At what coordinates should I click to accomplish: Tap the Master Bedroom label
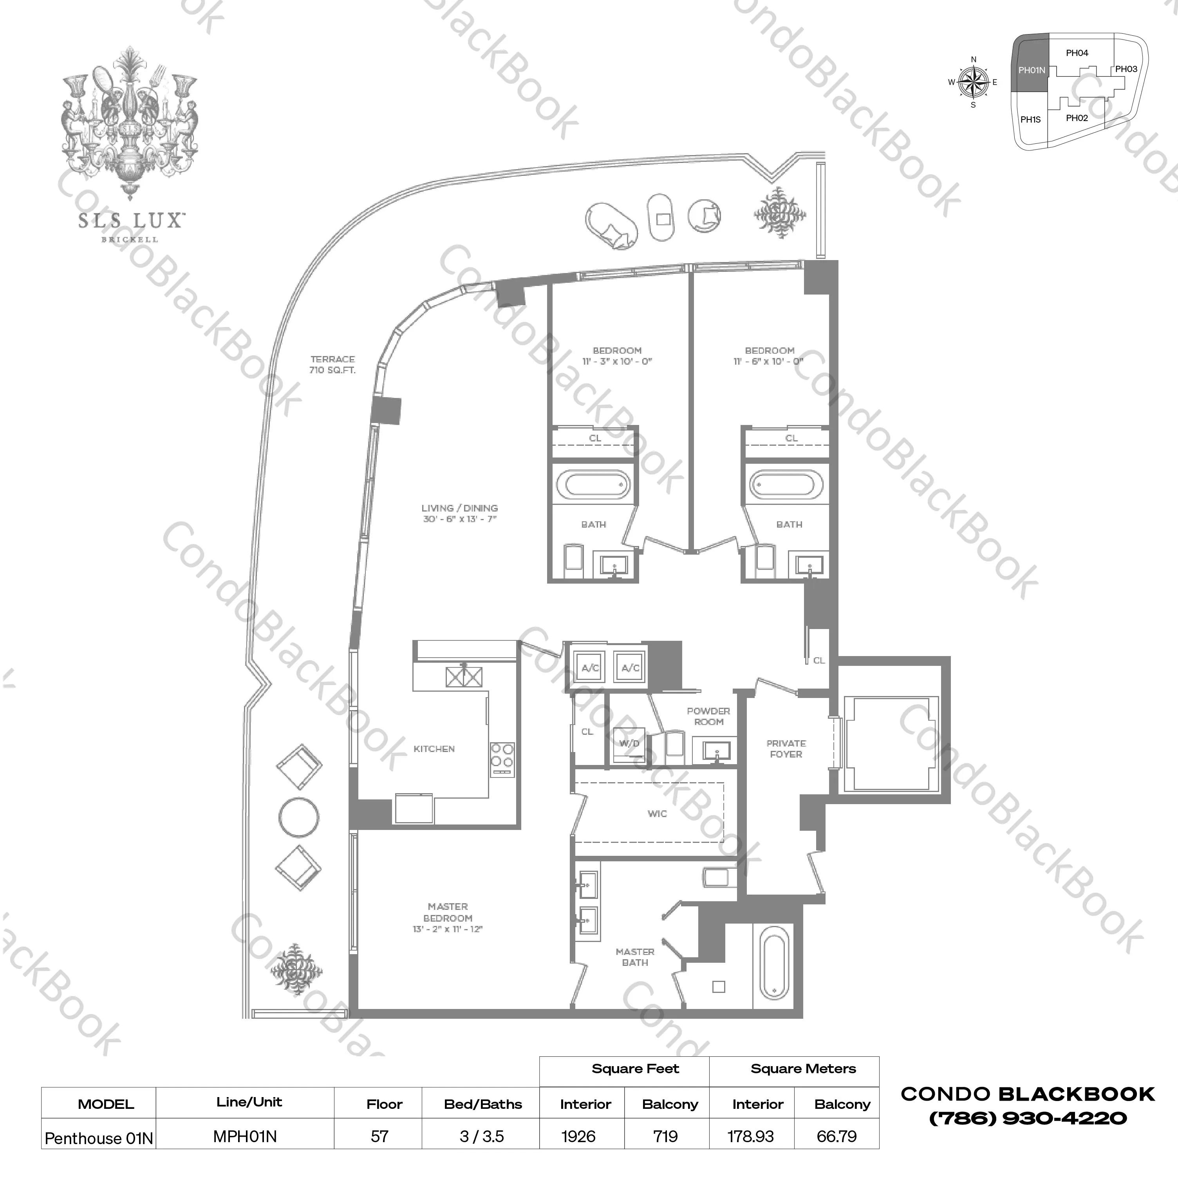448,917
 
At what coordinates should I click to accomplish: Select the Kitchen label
434,749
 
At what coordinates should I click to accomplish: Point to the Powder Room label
708,716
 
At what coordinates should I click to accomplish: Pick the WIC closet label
657,814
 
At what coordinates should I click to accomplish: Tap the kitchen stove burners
502,755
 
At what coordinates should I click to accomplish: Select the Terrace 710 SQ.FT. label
332,365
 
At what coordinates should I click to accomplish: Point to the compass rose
973,82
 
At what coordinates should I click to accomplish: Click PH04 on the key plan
1077,53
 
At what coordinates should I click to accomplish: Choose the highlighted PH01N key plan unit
1031,70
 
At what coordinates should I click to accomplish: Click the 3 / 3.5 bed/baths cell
482,1136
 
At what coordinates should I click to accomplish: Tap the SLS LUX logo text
130,221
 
